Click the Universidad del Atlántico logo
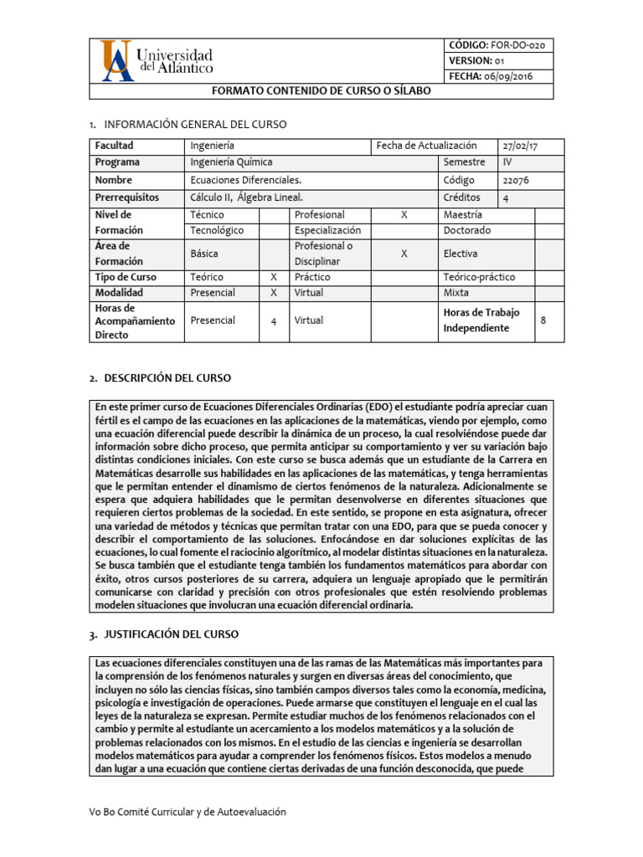157,60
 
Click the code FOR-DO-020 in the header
501,46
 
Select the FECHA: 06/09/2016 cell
491,76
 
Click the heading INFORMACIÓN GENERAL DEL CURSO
194,124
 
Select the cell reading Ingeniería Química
231,162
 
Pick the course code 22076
516,180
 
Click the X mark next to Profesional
404,215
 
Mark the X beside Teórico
273,277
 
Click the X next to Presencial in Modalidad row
273,293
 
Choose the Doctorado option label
467,230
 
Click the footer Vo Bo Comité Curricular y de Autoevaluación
188,812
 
